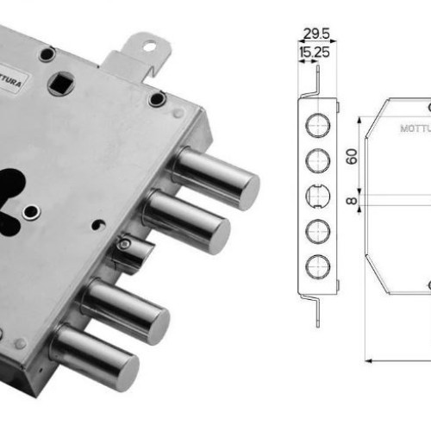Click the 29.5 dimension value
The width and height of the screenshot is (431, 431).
pyautogui.click(x=316, y=34)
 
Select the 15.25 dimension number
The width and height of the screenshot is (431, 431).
pyautogui.click(x=315, y=53)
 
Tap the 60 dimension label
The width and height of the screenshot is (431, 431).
pyautogui.click(x=353, y=157)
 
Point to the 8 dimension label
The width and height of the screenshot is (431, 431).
pyautogui.click(x=352, y=201)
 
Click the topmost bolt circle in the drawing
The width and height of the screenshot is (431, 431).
pyautogui.click(x=317, y=125)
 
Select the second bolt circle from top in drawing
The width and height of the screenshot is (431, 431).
pyautogui.click(x=317, y=160)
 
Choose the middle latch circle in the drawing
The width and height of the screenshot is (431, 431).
pyautogui.click(x=317, y=196)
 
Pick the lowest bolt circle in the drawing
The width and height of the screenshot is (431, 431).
pyautogui.click(x=317, y=266)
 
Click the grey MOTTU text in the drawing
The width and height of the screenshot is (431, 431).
pyautogui.click(x=415, y=128)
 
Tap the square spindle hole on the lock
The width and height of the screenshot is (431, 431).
pyautogui.click(x=61, y=84)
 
